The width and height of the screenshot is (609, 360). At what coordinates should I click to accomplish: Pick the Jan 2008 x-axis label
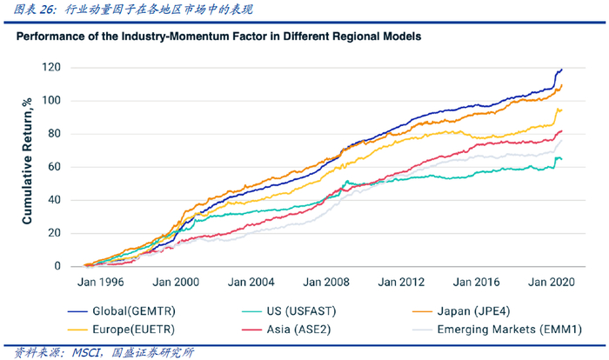pyautogui.click(x=327, y=283)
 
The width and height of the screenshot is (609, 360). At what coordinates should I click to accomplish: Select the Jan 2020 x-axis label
pyautogui.click(x=550, y=283)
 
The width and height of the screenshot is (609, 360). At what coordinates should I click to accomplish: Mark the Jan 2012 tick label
pyautogui.click(x=402, y=283)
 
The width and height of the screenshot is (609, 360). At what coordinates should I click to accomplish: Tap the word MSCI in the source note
pyautogui.click(x=84, y=352)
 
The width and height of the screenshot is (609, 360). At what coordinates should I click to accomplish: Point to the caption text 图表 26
pyautogui.click(x=30, y=10)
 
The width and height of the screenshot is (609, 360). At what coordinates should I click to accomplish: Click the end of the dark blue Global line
pyautogui.click(x=562, y=69)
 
